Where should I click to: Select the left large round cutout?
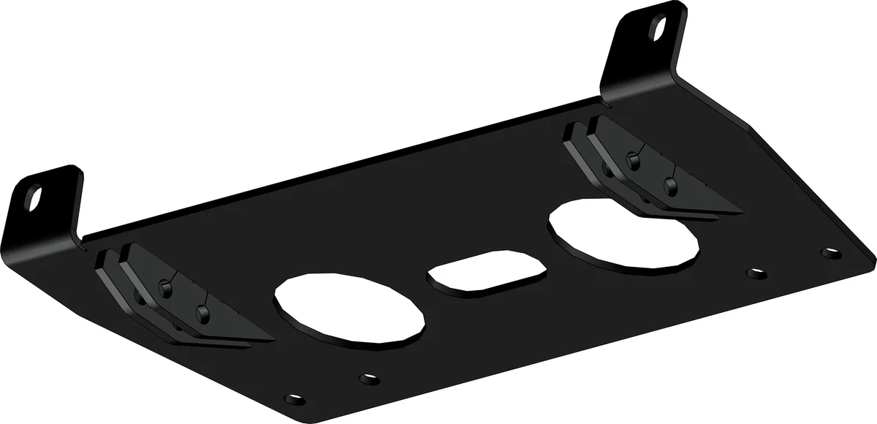coord(350,306)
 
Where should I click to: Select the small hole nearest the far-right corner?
coord(831,253)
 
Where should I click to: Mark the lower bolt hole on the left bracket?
coord(202,315)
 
